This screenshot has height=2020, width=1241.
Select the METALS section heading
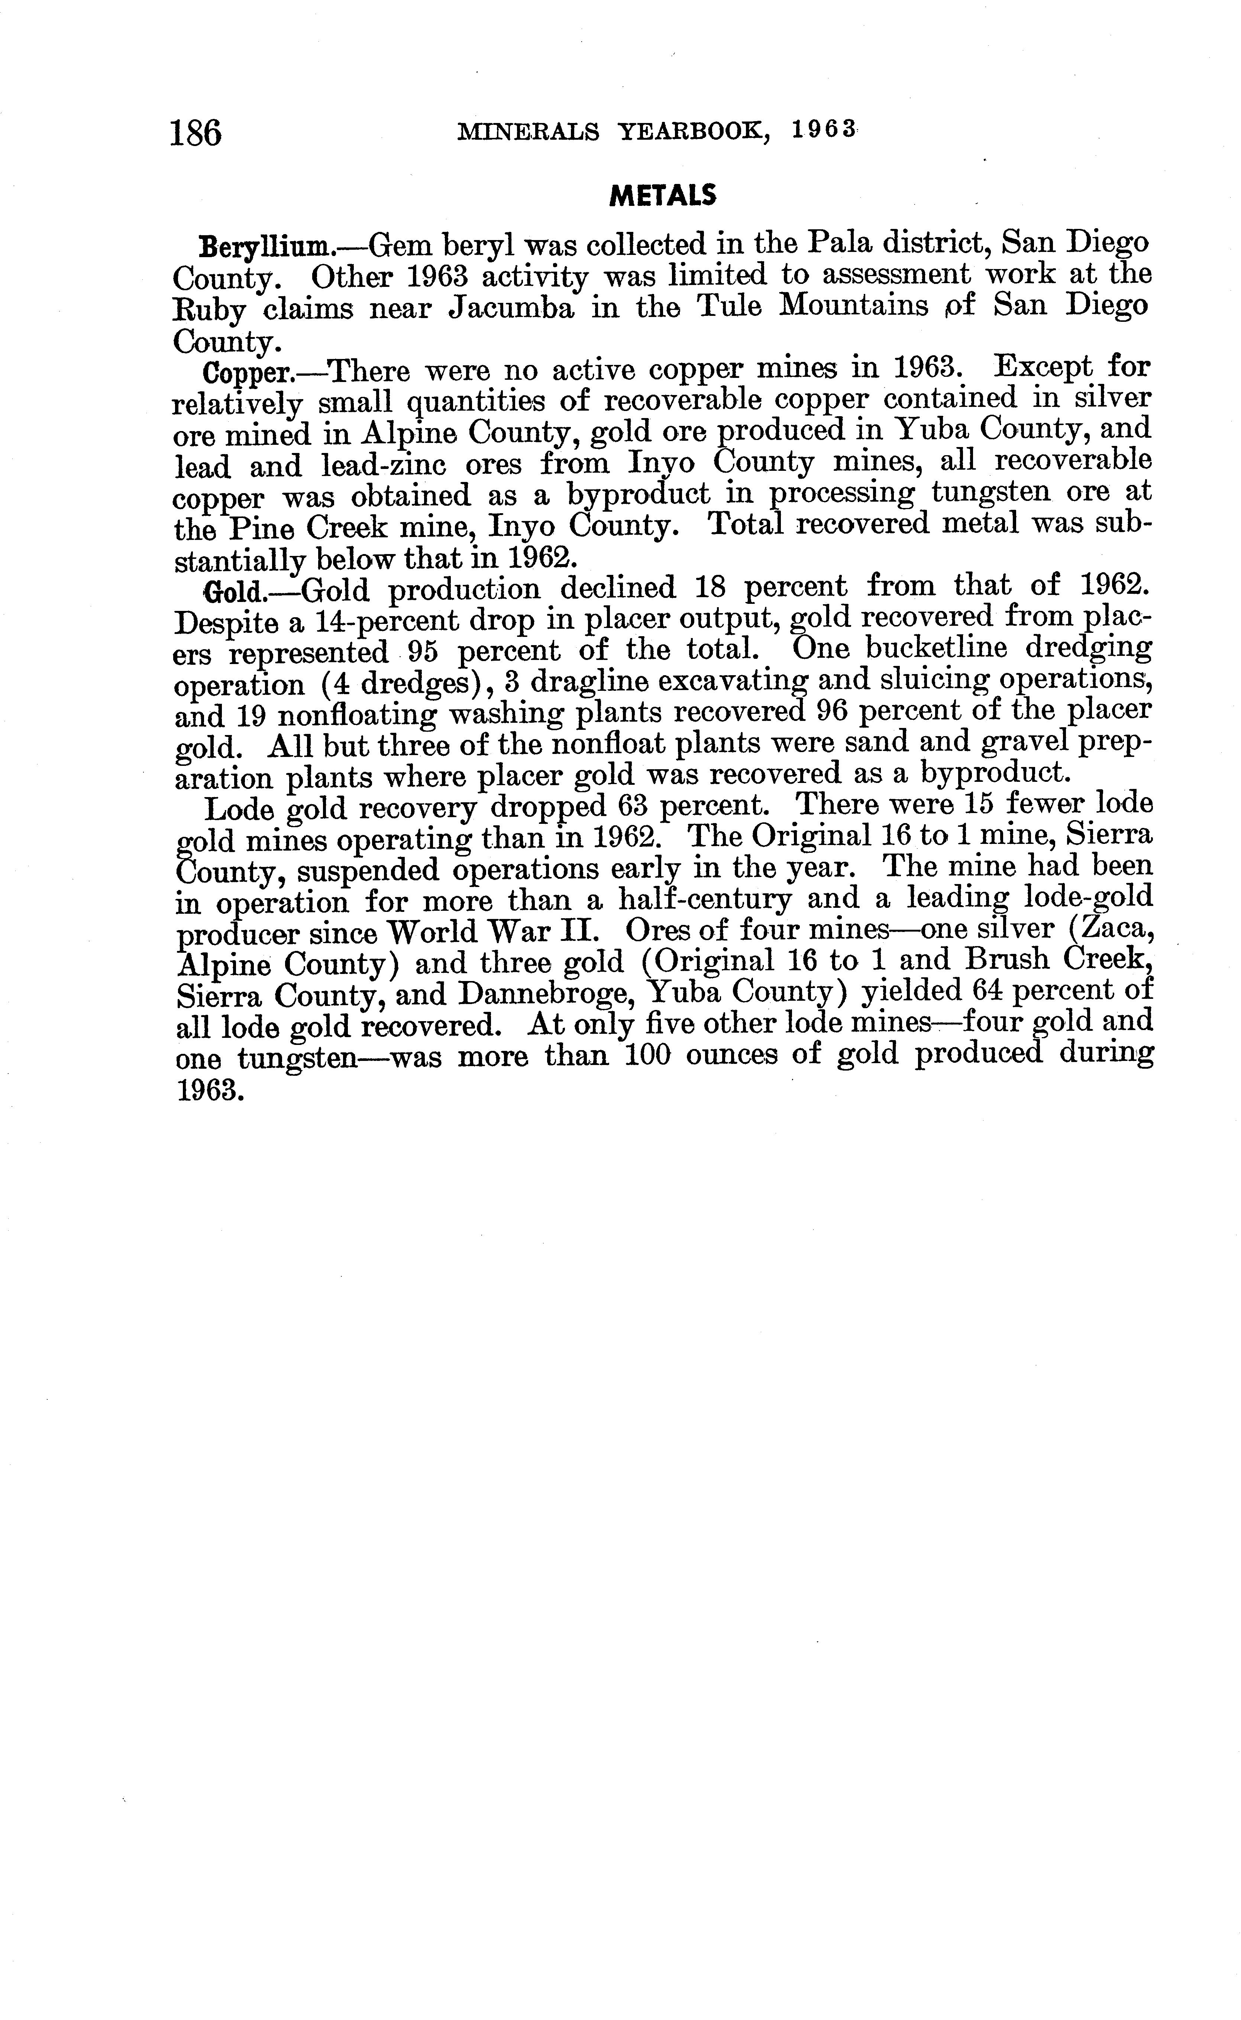(x=663, y=195)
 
